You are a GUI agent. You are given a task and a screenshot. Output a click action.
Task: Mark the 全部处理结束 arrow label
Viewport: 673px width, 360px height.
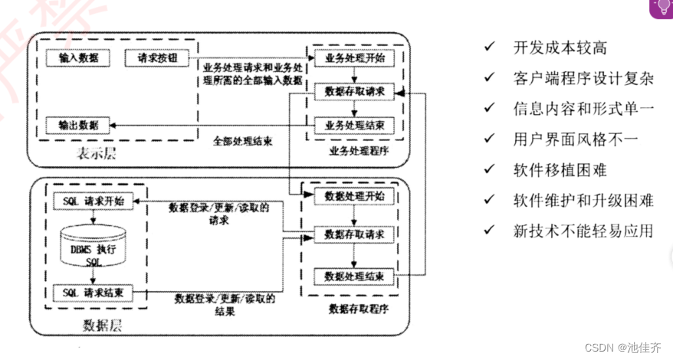click(x=244, y=142)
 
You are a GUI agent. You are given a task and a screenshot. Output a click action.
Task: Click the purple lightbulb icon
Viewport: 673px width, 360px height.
click(x=660, y=7)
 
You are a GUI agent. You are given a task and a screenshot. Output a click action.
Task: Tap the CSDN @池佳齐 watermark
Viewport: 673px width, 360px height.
click(x=622, y=347)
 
